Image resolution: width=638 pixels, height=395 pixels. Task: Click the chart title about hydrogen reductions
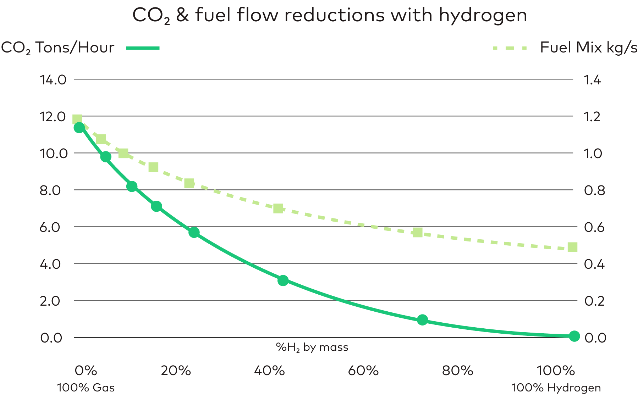[x=329, y=15]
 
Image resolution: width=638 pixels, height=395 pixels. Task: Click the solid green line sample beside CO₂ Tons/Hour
[x=143, y=48]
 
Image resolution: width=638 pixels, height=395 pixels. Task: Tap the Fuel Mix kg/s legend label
[x=588, y=48]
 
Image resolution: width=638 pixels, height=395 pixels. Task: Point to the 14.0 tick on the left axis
[x=53, y=80]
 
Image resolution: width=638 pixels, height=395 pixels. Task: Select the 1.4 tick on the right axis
[x=592, y=80]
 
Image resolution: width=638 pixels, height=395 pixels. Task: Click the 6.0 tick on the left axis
[x=50, y=227]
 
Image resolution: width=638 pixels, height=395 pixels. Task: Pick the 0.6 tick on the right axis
[x=594, y=227]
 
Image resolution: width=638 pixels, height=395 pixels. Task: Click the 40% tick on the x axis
[x=269, y=371]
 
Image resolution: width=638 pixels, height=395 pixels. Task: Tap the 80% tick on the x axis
[x=457, y=371]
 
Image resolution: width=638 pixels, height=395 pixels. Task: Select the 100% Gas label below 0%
[x=86, y=388]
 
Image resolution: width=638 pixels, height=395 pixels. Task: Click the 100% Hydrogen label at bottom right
[x=556, y=388]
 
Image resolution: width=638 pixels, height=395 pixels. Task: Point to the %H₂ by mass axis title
[x=312, y=347]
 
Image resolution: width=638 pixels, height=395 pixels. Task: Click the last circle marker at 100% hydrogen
[x=574, y=336]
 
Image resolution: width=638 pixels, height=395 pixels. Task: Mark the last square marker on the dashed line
[x=572, y=247]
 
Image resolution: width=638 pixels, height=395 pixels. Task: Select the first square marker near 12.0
[x=77, y=119]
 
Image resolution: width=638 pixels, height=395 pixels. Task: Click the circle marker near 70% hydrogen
[x=422, y=320]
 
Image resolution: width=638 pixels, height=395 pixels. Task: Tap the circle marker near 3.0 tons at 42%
[x=283, y=280]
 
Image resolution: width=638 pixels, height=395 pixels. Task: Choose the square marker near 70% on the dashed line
[x=418, y=233]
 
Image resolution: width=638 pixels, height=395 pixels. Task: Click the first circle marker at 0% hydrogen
[x=79, y=127]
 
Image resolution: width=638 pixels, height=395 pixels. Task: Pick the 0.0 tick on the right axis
[x=595, y=338]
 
